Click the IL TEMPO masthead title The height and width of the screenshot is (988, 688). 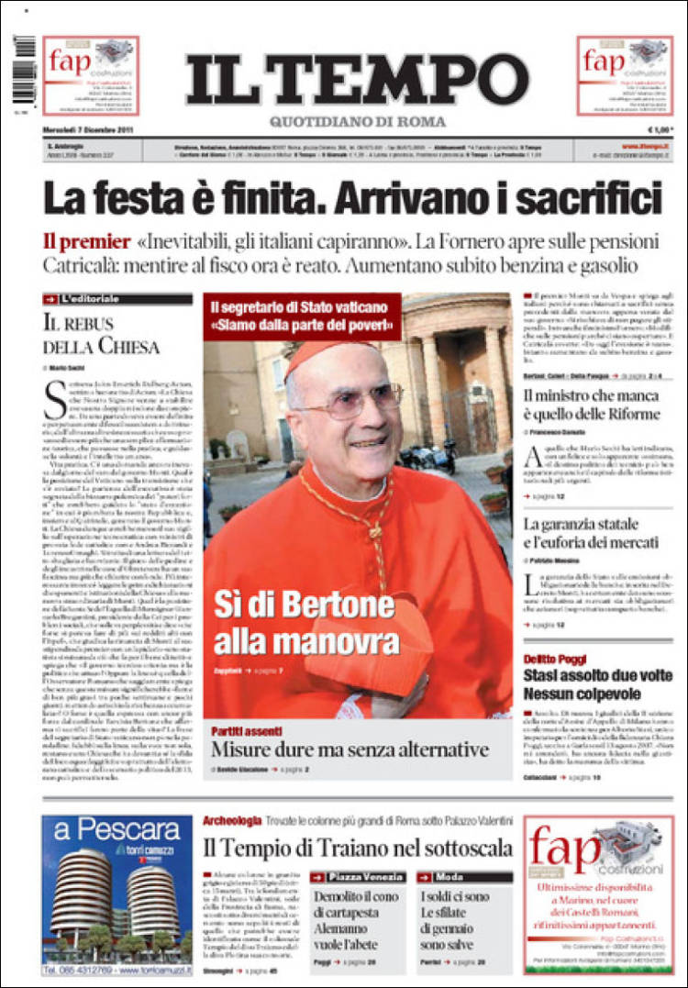[x=357, y=80]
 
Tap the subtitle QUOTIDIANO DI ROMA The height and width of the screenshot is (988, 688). [x=358, y=122]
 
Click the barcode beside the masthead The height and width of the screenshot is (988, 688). [x=25, y=70]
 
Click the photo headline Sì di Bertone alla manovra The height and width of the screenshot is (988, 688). [x=293, y=621]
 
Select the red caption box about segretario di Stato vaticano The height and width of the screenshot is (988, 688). [x=303, y=316]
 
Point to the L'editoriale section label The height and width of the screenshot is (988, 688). [x=89, y=299]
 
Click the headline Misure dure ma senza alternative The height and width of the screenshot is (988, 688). [x=350, y=749]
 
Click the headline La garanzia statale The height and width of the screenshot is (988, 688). [x=593, y=533]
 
